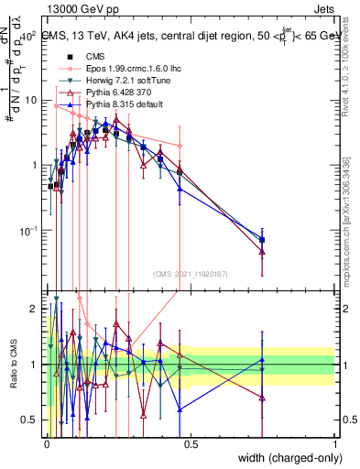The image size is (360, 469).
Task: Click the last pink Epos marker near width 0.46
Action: [180, 146]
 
